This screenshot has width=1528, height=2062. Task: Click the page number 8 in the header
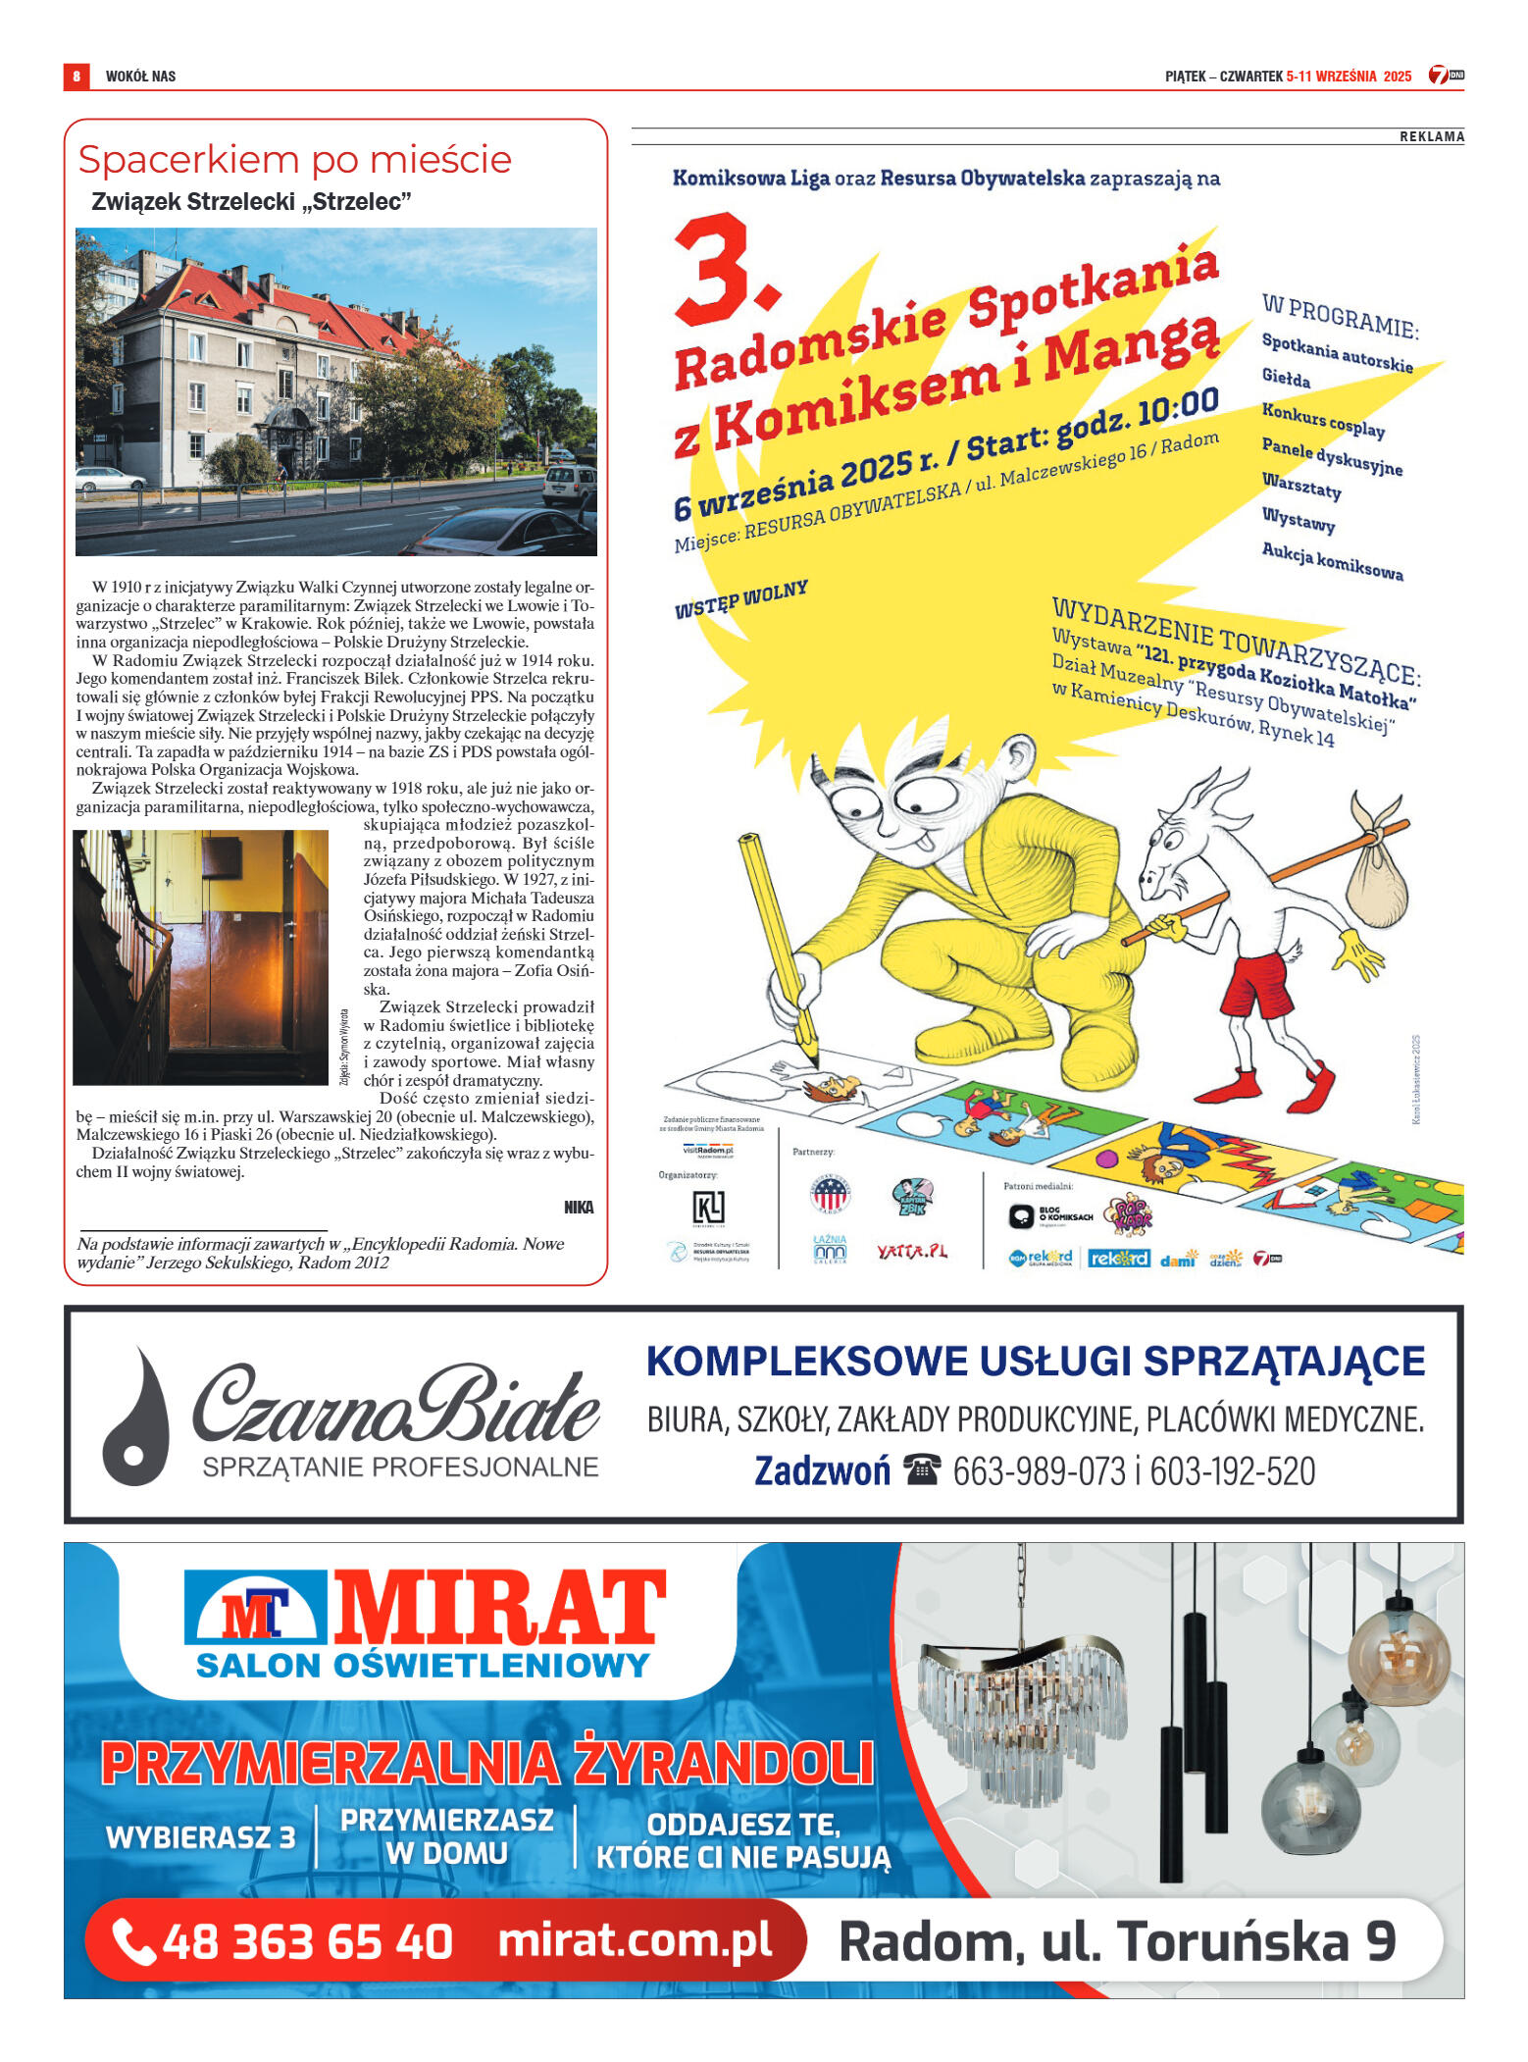[x=76, y=76]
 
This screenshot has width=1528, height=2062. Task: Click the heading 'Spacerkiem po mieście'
[x=294, y=160]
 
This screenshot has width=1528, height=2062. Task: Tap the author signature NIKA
[x=579, y=1207]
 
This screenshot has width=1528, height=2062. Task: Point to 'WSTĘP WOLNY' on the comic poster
[x=741, y=598]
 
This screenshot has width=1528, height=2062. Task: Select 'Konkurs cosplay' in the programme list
[x=1323, y=421]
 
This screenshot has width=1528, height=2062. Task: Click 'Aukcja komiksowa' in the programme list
[x=1332, y=562]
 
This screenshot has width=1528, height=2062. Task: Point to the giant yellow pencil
[x=775, y=942]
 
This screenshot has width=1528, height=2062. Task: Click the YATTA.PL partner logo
[x=912, y=1251]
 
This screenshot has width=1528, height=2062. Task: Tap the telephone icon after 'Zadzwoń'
[x=922, y=1470]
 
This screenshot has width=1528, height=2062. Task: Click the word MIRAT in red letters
[x=500, y=1608]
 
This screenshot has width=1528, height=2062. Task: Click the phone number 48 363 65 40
[x=306, y=1942]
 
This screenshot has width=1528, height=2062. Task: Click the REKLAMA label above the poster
[x=1431, y=136]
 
